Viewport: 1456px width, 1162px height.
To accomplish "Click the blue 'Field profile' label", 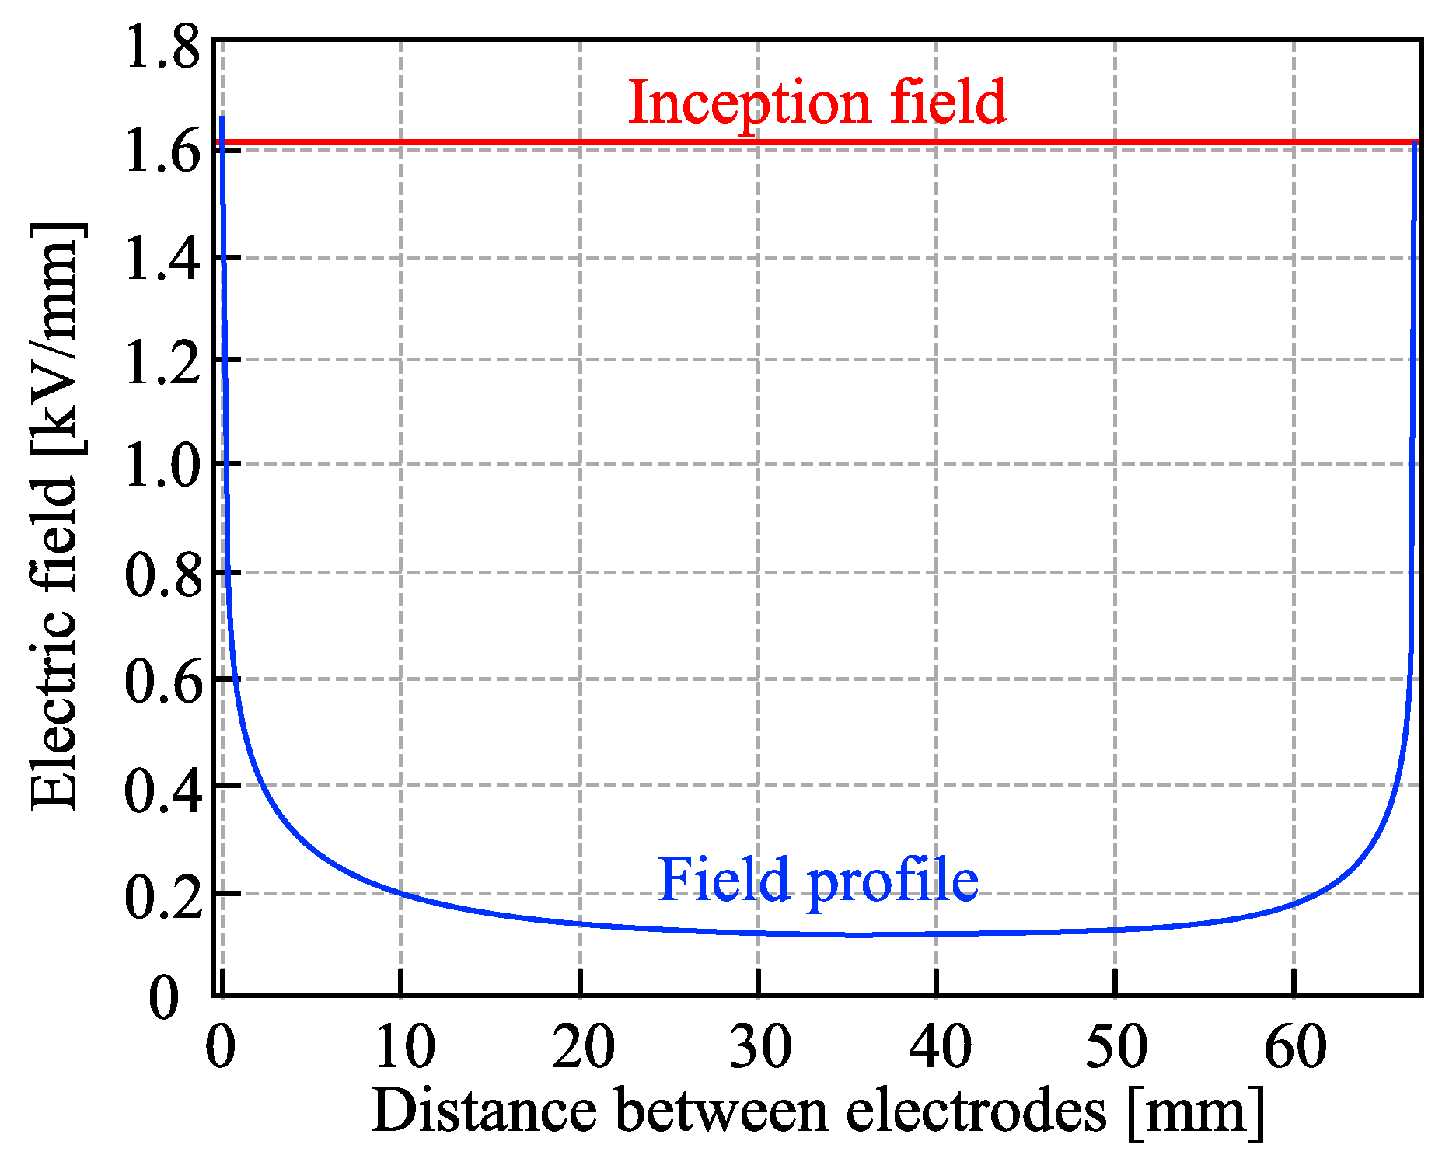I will pos(818,880).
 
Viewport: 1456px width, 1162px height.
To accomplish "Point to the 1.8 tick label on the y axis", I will pos(162,48).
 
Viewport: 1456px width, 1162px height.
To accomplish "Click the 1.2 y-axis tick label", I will pos(162,362).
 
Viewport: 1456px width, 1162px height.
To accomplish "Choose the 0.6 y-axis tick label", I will pos(162,682).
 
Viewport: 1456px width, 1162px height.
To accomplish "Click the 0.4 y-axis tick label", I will pos(162,789).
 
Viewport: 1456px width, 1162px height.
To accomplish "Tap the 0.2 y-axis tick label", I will pos(162,896).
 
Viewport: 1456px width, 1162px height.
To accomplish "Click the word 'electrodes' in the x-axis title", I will pos(976,1110).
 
